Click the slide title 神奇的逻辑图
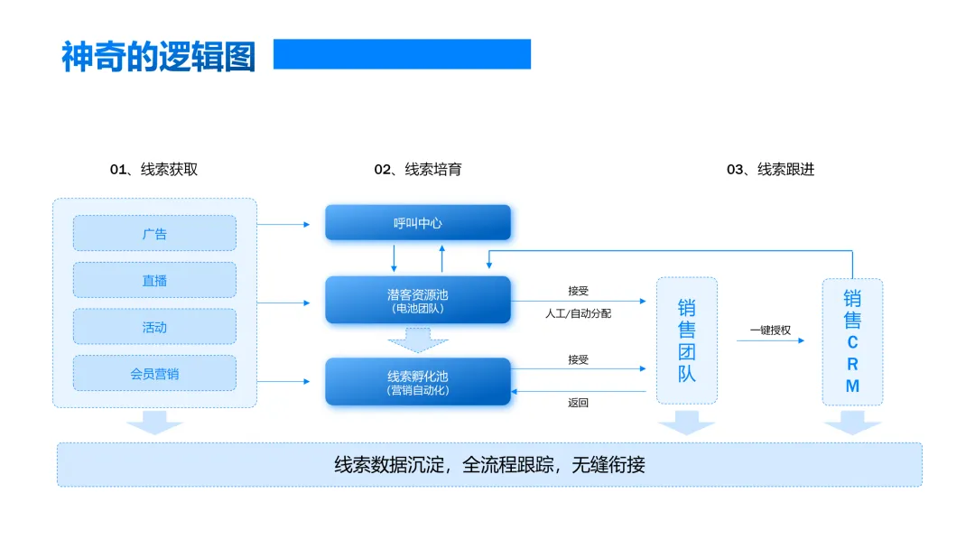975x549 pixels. coord(159,56)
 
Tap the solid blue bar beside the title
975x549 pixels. coord(402,54)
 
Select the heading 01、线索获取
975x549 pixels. coord(153,169)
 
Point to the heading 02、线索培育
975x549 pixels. coord(418,169)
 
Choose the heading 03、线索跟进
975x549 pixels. coord(770,169)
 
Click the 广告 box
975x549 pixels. coord(154,233)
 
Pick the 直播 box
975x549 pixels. coord(154,280)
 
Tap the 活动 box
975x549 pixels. coord(154,327)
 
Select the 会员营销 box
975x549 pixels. coord(154,373)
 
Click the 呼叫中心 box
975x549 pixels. coord(418,223)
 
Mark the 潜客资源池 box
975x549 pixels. coord(418,300)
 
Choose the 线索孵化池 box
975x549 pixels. coord(418,382)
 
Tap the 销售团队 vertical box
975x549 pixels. coord(687,340)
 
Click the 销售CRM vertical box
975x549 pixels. coord(852,341)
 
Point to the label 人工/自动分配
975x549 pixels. coord(578,313)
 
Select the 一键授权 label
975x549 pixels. coord(770,330)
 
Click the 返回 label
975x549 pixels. coord(578,403)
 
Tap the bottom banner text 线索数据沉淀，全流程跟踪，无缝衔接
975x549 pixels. coord(489,465)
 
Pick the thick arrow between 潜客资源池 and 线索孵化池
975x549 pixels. coord(418,340)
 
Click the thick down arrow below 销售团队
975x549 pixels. coord(687,422)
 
